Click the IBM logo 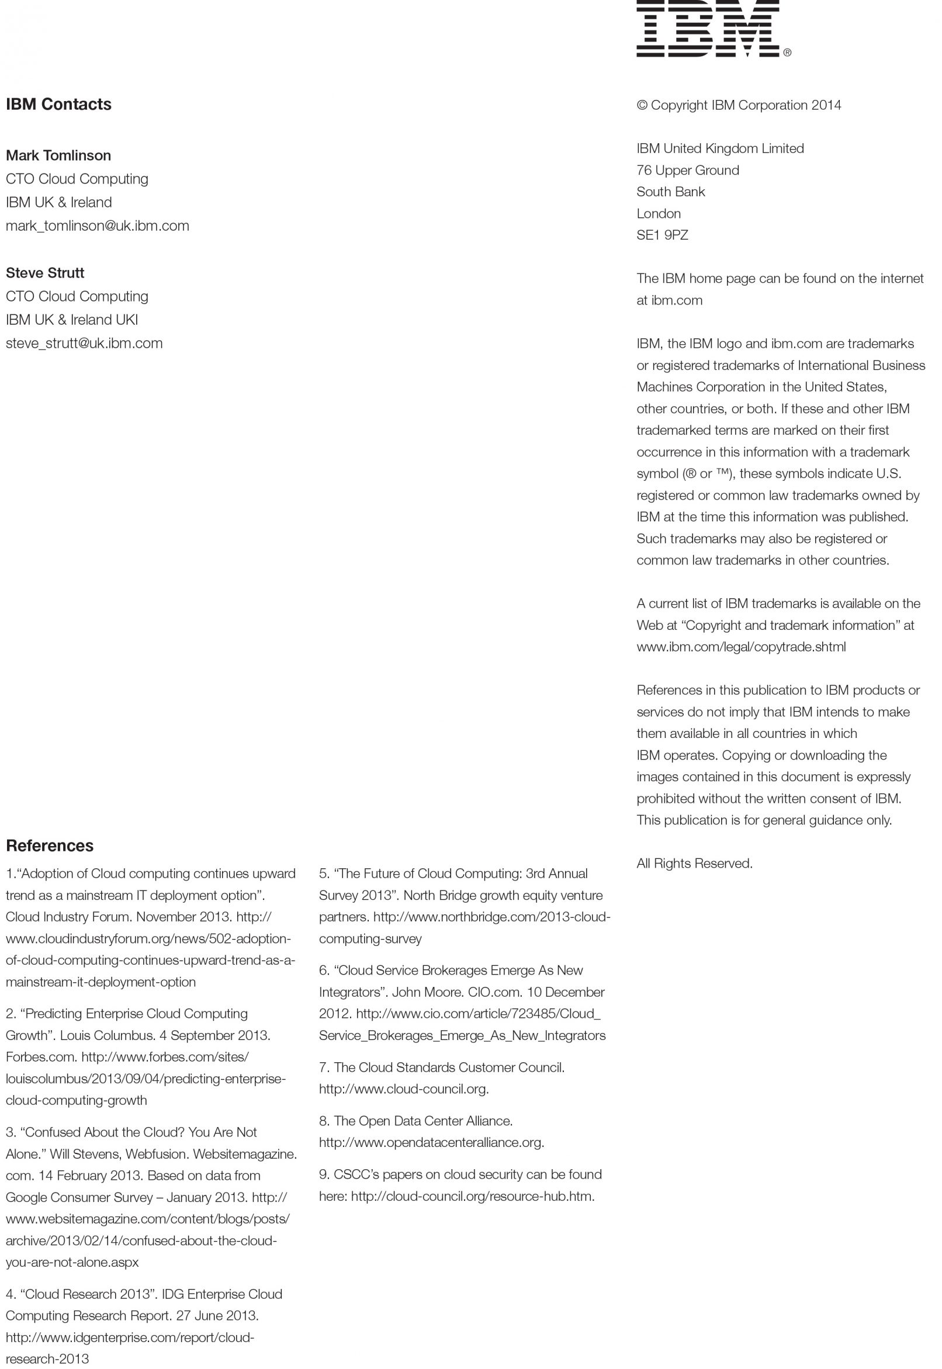tap(708, 29)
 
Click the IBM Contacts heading tap(58, 105)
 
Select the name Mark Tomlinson tap(58, 155)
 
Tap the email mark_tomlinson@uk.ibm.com tap(98, 226)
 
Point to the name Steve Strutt tap(45, 273)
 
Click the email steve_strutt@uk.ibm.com tap(84, 343)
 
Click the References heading tap(50, 845)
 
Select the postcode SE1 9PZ tap(662, 235)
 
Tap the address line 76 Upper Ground tap(688, 170)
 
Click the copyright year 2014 tap(826, 105)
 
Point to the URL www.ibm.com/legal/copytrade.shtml tap(741, 647)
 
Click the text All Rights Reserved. tap(694, 864)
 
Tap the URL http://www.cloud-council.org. tap(403, 1089)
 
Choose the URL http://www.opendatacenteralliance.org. tap(431, 1142)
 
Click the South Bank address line tap(670, 192)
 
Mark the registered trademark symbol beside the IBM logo tap(787, 53)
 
